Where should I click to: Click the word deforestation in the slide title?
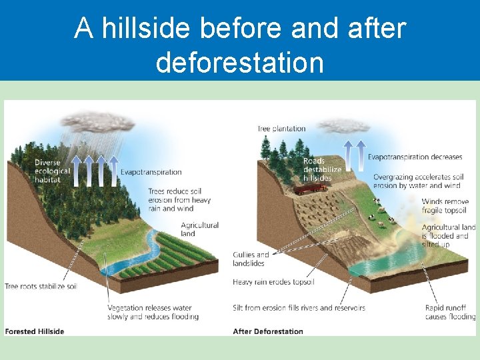pyautogui.click(x=239, y=63)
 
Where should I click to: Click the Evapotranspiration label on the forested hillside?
pyautogui.click(x=151, y=172)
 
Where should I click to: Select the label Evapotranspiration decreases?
pyautogui.click(x=415, y=157)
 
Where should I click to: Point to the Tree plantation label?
pyautogui.click(x=281, y=129)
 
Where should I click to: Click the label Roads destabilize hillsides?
pyautogui.click(x=322, y=169)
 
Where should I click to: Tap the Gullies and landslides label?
pyautogui.click(x=251, y=259)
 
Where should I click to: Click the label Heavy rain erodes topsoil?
pyautogui.click(x=273, y=282)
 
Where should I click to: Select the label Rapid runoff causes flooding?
pyautogui.click(x=450, y=312)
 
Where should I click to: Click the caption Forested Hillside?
pyautogui.click(x=35, y=331)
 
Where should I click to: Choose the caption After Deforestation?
pyautogui.click(x=268, y=331)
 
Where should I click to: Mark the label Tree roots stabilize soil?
pyautogui.click(x=41, y=286)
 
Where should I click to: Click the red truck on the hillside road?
pyautogui.click(x=306, y=189)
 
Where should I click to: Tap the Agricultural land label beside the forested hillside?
pyautogui.click(x=199, y=229)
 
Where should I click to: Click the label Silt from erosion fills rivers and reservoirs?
pyautogui.click(x=299, y=308)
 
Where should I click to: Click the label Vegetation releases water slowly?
pyautogui.click(x=153, y=312)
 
